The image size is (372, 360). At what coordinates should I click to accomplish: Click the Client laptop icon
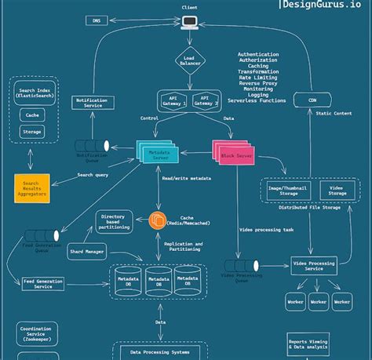click(x=188, y=22)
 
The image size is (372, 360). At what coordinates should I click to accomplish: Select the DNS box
click(x=97, y=20)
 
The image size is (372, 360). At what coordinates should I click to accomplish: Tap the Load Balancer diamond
click(x=189, y=60)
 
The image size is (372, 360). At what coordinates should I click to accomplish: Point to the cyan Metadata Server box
click(x=160, y=153)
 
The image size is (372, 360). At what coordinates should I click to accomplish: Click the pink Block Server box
click(x=235, y=152)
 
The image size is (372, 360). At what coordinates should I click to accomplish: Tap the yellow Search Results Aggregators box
click(x=31, y=189)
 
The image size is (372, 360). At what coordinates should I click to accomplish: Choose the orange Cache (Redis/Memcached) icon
click(x=158, y=221)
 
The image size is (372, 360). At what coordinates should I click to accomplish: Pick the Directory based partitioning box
click(x=114, y=221)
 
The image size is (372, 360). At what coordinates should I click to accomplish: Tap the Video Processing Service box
click(x=313, y=265)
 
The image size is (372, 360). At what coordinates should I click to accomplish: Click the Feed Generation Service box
click(x=43, y=283)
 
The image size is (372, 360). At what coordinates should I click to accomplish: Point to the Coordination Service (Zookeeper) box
click(x=37, y=334)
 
